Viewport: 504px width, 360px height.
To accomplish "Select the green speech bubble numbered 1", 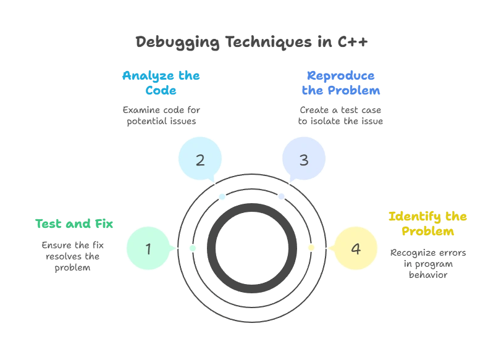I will click(x=148, y=249).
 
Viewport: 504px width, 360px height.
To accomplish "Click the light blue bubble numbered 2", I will click(x=199, y=160).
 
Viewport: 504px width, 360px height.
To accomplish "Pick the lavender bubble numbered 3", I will click(x=303, y=160).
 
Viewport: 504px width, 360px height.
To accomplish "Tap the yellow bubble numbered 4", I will click(x=355, y=249).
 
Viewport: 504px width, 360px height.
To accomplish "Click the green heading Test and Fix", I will click(x=74, y=224).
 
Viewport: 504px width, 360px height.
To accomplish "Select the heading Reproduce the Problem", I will click(x=340, y=83).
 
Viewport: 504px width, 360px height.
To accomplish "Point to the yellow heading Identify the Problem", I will click(x=427, y=224).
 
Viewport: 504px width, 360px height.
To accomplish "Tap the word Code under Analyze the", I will click(x=161, y=91).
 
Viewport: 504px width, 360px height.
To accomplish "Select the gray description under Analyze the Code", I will click(x=161, y=115).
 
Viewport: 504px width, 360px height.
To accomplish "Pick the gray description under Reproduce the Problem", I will click(x=340, y=115).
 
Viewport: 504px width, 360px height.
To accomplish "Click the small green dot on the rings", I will click(x=193, y=248).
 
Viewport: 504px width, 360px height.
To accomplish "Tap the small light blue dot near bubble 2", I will click(x=223, y=196).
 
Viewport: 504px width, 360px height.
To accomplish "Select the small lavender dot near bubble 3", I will click(x=281, y=196).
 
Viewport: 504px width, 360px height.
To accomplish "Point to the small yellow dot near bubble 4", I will click(x=311, y=248).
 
